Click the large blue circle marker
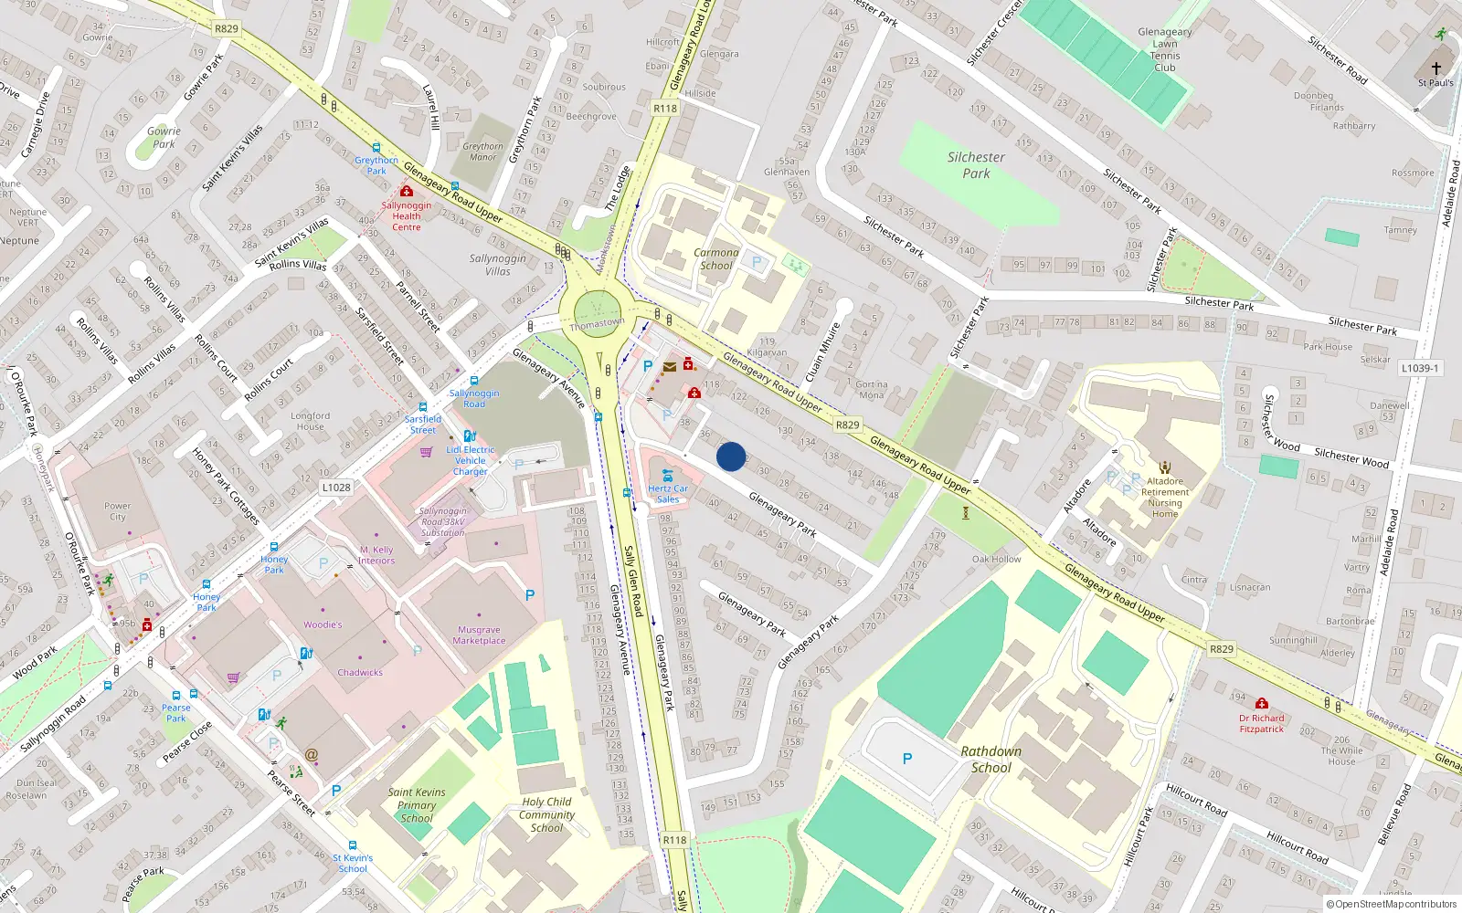tap(731, 456)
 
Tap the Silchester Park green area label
tap(976, 165)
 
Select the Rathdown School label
tap(991, 760)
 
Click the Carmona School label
tap(716, 259)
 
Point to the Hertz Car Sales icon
tap(668, 475)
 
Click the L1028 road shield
tap(336, 488)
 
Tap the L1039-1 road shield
tap(1419, 368)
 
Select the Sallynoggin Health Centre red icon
tap(407, 191)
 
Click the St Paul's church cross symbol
tap(1436, 68)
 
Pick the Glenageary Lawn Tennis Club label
tap(1165, 49)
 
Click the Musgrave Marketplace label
tap(479, 635)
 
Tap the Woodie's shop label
tap(323, 625)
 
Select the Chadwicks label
tap(360, 673)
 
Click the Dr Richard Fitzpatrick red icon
tap(1262, 703)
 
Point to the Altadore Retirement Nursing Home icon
tap(1165, 467)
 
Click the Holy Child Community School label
tap(546, 815)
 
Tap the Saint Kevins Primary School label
tap(417, 805)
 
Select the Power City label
tap(118, 511)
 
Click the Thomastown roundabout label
tap(597, 323)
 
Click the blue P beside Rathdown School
tap(907, 759)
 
